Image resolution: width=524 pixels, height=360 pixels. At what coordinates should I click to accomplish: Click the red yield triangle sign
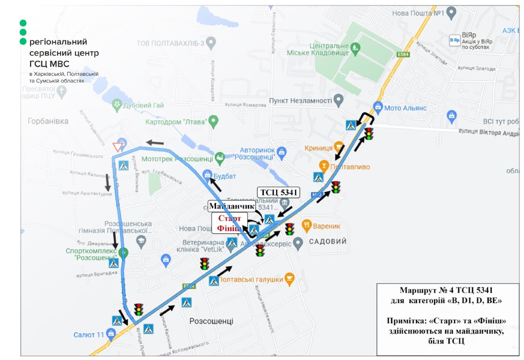click(118, 147)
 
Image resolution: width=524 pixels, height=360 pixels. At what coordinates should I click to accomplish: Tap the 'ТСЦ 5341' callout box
click(279, 192)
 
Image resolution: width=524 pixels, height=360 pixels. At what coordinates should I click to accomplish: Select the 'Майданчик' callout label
click(232, 206)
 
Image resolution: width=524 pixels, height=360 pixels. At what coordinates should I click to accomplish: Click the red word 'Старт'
click(229, 218)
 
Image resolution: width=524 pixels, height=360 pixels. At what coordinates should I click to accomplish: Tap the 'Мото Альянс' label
click(405, 108)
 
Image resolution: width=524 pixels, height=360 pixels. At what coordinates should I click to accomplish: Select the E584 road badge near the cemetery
click(403, 54)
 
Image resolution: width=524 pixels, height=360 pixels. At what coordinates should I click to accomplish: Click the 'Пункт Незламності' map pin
click(339, 100)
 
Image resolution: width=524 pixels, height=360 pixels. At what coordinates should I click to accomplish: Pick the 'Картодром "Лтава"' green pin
click(213, 121)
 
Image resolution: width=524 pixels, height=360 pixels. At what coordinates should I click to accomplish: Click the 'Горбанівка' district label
click(48, 121)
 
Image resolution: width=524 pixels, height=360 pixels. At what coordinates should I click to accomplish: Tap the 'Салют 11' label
click(89, 334)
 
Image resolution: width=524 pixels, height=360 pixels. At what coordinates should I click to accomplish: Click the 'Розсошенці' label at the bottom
click(211, 321)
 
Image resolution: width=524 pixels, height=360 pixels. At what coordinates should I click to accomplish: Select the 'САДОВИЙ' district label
click(328, 241)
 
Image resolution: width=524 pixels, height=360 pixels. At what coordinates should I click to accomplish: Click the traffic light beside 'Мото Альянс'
click(369, 133)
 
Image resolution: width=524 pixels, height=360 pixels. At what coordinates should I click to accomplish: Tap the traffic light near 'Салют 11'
click(139, 309)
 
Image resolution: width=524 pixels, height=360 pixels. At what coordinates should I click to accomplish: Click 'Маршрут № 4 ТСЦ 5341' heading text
click(446, 290)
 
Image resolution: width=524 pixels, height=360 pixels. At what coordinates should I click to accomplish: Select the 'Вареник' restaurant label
click(326, 226)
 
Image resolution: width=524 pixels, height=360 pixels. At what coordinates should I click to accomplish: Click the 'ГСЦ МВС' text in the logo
click(49, 64)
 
